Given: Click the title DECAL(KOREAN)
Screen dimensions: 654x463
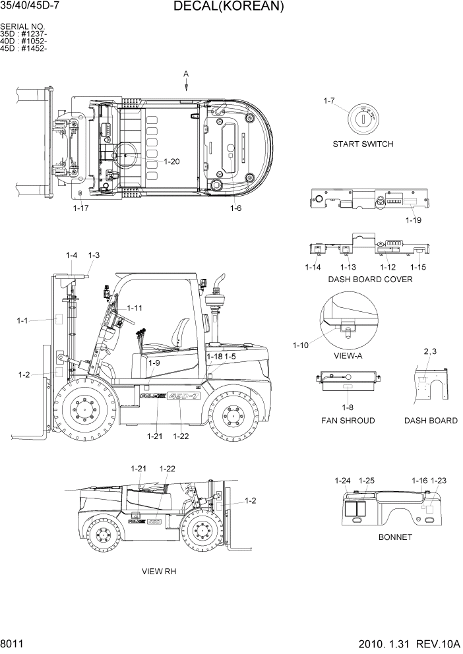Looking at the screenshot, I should (x=229, y=7).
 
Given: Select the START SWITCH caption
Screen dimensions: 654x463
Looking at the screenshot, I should (x=363, y=144).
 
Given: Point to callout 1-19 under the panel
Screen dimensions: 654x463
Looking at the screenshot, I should (x=414, y=220).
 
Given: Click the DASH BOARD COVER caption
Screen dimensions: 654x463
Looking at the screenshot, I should (x=370, y=279).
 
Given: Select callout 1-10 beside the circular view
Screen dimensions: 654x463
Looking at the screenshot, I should (x=301, y=345).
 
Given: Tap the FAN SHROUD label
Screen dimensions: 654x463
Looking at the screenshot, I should (x=348, y=421).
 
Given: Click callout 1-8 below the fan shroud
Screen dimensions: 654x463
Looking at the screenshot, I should (x=348, y=407).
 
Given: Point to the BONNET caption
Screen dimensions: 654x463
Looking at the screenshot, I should (x=395, y=537).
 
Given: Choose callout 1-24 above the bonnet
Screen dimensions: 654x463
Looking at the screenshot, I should (x=342, y=481).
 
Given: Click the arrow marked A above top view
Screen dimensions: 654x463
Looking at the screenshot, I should (x=186, y=82).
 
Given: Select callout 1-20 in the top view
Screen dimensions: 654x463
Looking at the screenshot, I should (x=171, y=162).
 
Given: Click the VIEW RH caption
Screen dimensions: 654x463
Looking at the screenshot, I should (x=159, y=572).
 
